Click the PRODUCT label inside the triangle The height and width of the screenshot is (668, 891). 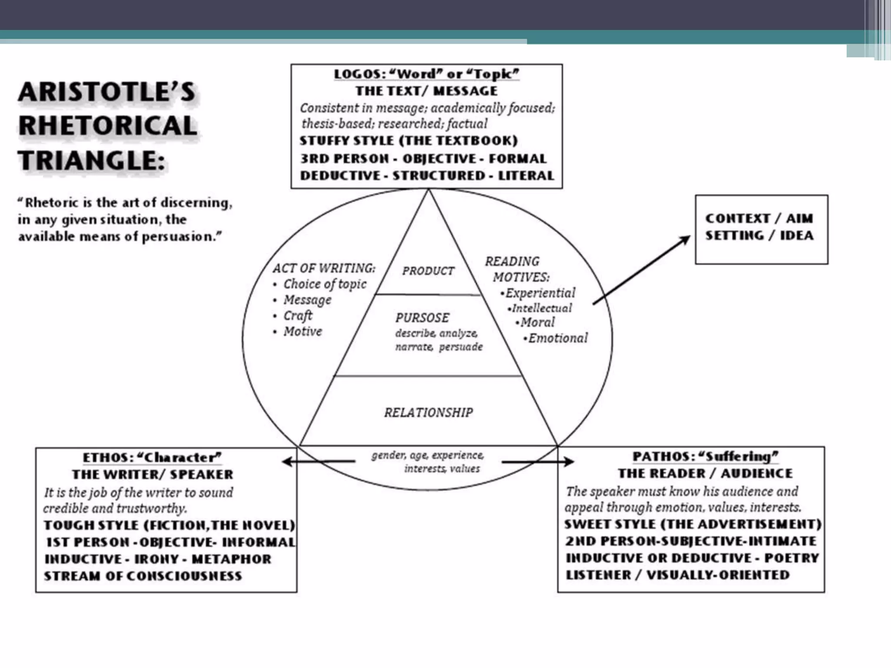(x=428, y=271)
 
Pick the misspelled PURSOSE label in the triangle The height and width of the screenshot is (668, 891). (x=422, y=318)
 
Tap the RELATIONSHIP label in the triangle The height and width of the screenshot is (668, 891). (x=428, y=412)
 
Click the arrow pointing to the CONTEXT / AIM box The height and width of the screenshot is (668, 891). (x=641, y=270)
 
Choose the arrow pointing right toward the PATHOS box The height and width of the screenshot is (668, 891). (x=538, y=461)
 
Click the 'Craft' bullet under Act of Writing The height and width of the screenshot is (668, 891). (x=298, y=315)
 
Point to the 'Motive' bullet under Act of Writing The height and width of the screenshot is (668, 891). (x=303, y=331)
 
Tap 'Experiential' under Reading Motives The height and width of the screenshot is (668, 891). (x=540, y=293)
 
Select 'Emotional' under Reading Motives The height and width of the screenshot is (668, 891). (x=558, y=338)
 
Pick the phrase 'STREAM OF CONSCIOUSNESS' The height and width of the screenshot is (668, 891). (x=143, y=576)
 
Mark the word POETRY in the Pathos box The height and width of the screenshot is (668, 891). (x=791, y=558)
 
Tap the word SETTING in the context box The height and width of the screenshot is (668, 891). (x=734, y=235)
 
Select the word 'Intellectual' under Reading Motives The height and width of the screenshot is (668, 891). (x=542, y=308)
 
